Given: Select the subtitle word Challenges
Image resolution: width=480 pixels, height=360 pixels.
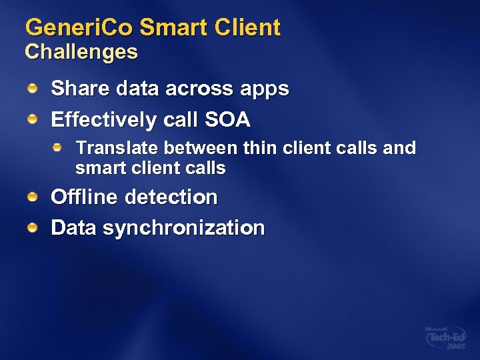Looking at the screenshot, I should (81, 52).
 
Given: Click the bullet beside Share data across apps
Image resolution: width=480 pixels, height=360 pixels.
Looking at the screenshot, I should (32, 87).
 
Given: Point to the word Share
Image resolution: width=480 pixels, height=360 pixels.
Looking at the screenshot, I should (74, 89).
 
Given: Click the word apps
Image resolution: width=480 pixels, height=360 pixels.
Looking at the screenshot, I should (266, 90).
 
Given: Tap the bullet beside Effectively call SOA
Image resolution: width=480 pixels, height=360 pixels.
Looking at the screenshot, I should (32, 118).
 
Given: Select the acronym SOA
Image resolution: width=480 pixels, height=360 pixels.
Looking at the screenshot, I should (228, 120).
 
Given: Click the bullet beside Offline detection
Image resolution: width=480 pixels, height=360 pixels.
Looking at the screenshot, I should (32, 196).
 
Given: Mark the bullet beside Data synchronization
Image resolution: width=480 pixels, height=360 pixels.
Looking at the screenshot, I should (32, 227).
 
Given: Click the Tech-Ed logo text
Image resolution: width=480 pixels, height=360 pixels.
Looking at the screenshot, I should (445, 337).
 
